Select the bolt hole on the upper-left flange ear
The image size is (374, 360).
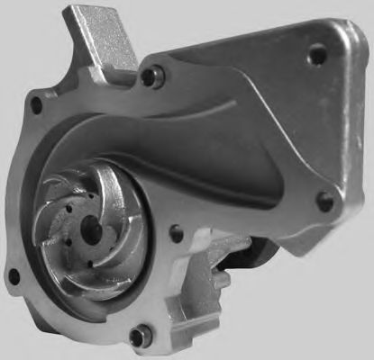point(36,106)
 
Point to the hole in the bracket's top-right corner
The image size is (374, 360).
point(316,54)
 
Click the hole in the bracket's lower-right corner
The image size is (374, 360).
point(325,200)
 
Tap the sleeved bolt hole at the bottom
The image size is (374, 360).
point(136,337)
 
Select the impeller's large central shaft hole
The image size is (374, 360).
point(92,230)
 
